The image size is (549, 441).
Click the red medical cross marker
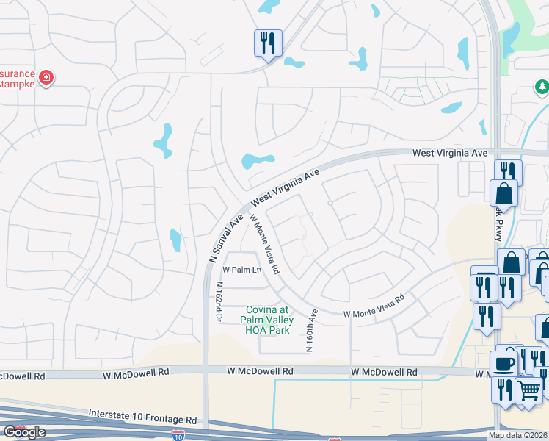click(46, 77)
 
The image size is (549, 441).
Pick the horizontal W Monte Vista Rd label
click(374, 308)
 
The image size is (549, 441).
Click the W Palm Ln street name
click(242, 270)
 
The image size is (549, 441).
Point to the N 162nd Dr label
click(219, 301)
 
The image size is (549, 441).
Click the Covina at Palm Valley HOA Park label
click(269, 320)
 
